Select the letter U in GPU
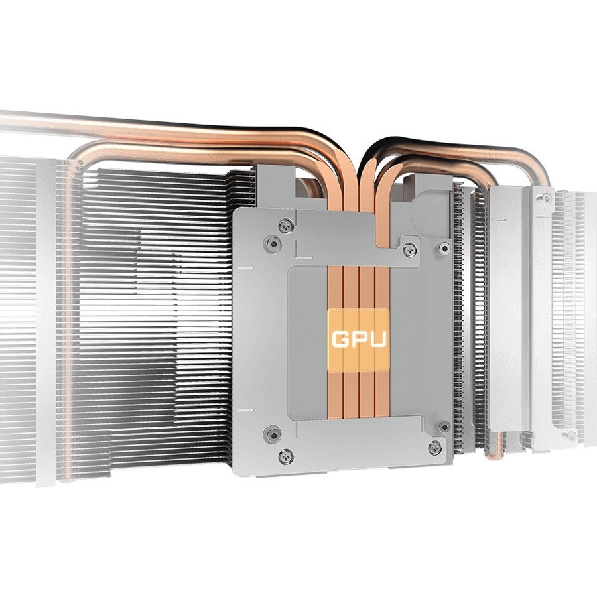pos(377,339)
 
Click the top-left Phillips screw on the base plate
pos(285,226)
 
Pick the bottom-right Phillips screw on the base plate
pos(434,448)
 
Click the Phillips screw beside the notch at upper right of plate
pos(410,249)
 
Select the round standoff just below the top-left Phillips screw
pos(273,243)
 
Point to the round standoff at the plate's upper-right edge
pos(444,248)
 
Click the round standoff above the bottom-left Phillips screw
pos(273,434)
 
